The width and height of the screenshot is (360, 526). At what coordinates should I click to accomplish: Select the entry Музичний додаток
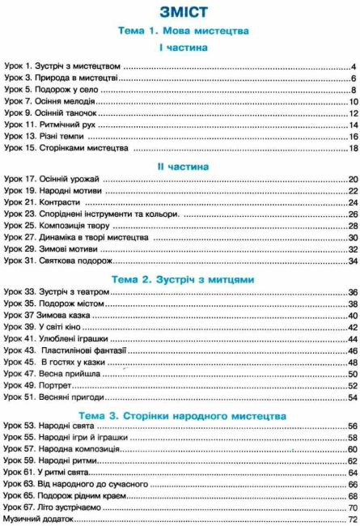(x=38, y=519)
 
